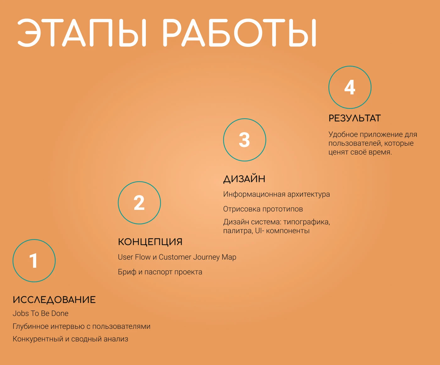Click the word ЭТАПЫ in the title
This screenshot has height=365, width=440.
coord(82,33)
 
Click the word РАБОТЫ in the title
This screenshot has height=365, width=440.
coord(239,33)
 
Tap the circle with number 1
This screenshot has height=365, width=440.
coord(34,261)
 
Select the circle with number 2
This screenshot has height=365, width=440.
coord(139,203)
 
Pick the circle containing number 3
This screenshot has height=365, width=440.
coord(245,140)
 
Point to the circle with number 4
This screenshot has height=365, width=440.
coord(350,87)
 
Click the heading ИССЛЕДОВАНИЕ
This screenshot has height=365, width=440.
coord(54,300)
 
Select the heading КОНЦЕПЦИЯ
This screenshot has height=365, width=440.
coord(150,242)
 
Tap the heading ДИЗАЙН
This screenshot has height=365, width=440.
coord(244,179)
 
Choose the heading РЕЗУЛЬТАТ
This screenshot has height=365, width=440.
coord(355,118)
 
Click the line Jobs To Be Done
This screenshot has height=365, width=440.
coord(41,313)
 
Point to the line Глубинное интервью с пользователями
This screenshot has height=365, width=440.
coord(81,326)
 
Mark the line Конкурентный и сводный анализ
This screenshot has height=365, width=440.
coord(70,339)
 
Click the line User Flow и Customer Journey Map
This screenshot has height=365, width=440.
coord(177,257)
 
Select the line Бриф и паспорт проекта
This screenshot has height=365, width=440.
coord(160,272)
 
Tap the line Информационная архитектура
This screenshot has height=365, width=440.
coord(277,194)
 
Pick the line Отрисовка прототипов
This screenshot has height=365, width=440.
coord(263,209)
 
